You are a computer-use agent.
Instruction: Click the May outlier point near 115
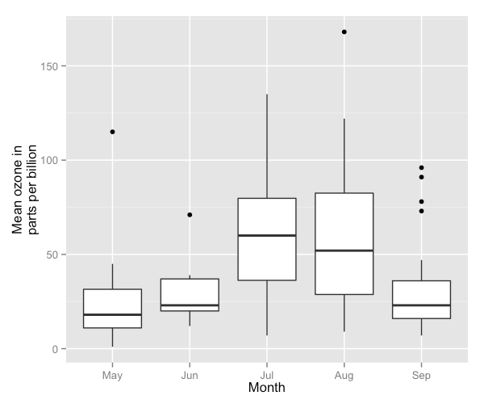[112, 132]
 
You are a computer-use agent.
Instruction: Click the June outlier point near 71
[190, 215]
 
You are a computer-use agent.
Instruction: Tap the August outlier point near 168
[344, 32]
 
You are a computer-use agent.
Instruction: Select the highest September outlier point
[421, 167]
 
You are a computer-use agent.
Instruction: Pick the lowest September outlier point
[421, 211]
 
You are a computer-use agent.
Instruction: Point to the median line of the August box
[344, 250]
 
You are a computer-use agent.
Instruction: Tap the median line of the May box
[112, 314]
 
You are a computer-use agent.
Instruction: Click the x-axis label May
[112, 376]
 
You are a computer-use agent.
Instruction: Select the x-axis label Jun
[190, 376]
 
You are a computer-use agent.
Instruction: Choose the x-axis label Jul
[267, 376]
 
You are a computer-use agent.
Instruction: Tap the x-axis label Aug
[344, 376]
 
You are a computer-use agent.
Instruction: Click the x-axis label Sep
[421, 376]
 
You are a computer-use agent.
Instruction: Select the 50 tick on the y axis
[57, 255]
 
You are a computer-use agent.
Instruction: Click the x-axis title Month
[267, 389]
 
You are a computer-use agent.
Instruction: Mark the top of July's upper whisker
[267, 95]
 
